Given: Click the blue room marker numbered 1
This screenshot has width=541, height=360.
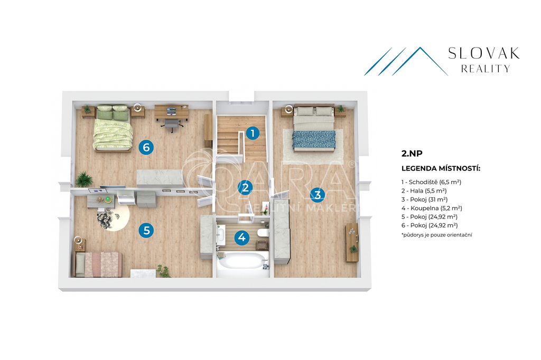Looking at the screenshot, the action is click(x=253, y=133).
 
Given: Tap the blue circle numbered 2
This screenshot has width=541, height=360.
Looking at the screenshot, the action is click(x=245, y=187).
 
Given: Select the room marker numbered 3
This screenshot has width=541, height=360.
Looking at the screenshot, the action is click(x=318, y=194).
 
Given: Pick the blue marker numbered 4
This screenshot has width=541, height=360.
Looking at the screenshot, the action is click(x=241, y=237).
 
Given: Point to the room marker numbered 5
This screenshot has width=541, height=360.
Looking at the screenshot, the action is click(x=146, y=230).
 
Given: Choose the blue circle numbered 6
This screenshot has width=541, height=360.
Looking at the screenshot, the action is click(x=146, y=147).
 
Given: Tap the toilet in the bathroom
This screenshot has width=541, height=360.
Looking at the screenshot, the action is click(x=264, y=233).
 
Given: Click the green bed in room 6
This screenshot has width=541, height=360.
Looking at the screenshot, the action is click(x=113, y=128).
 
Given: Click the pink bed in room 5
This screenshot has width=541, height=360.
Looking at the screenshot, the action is click(x=99, y=264).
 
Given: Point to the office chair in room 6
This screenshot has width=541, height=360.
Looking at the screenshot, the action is click(x=172, y=124).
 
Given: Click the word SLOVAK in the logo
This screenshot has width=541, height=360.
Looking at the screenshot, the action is click(x=484, y=53).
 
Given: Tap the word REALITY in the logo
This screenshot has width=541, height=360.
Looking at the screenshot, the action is click(x=486, y=69).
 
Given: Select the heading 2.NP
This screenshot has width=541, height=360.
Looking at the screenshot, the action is click(x=412, y=154).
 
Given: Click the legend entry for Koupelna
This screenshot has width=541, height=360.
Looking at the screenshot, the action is click(x=432, y=208).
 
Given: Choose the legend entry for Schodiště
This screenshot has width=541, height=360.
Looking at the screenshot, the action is click(x=431, y=182).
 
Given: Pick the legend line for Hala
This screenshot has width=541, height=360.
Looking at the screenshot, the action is click(x=424, y=191).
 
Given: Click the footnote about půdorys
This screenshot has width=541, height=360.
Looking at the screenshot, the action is click(x=437, y=235).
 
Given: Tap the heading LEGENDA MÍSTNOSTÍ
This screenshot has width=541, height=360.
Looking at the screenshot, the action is click(x=441, y=168).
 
